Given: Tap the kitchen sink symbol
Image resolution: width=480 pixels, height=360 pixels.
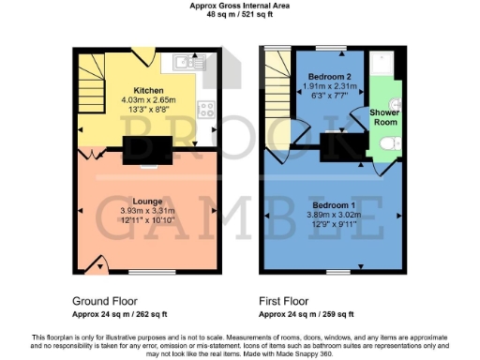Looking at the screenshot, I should tap(184, 63).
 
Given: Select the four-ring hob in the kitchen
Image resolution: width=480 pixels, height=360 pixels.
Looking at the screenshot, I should tap(207, 106).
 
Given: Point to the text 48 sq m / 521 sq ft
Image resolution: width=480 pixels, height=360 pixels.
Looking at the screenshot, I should tap(239, 16).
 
